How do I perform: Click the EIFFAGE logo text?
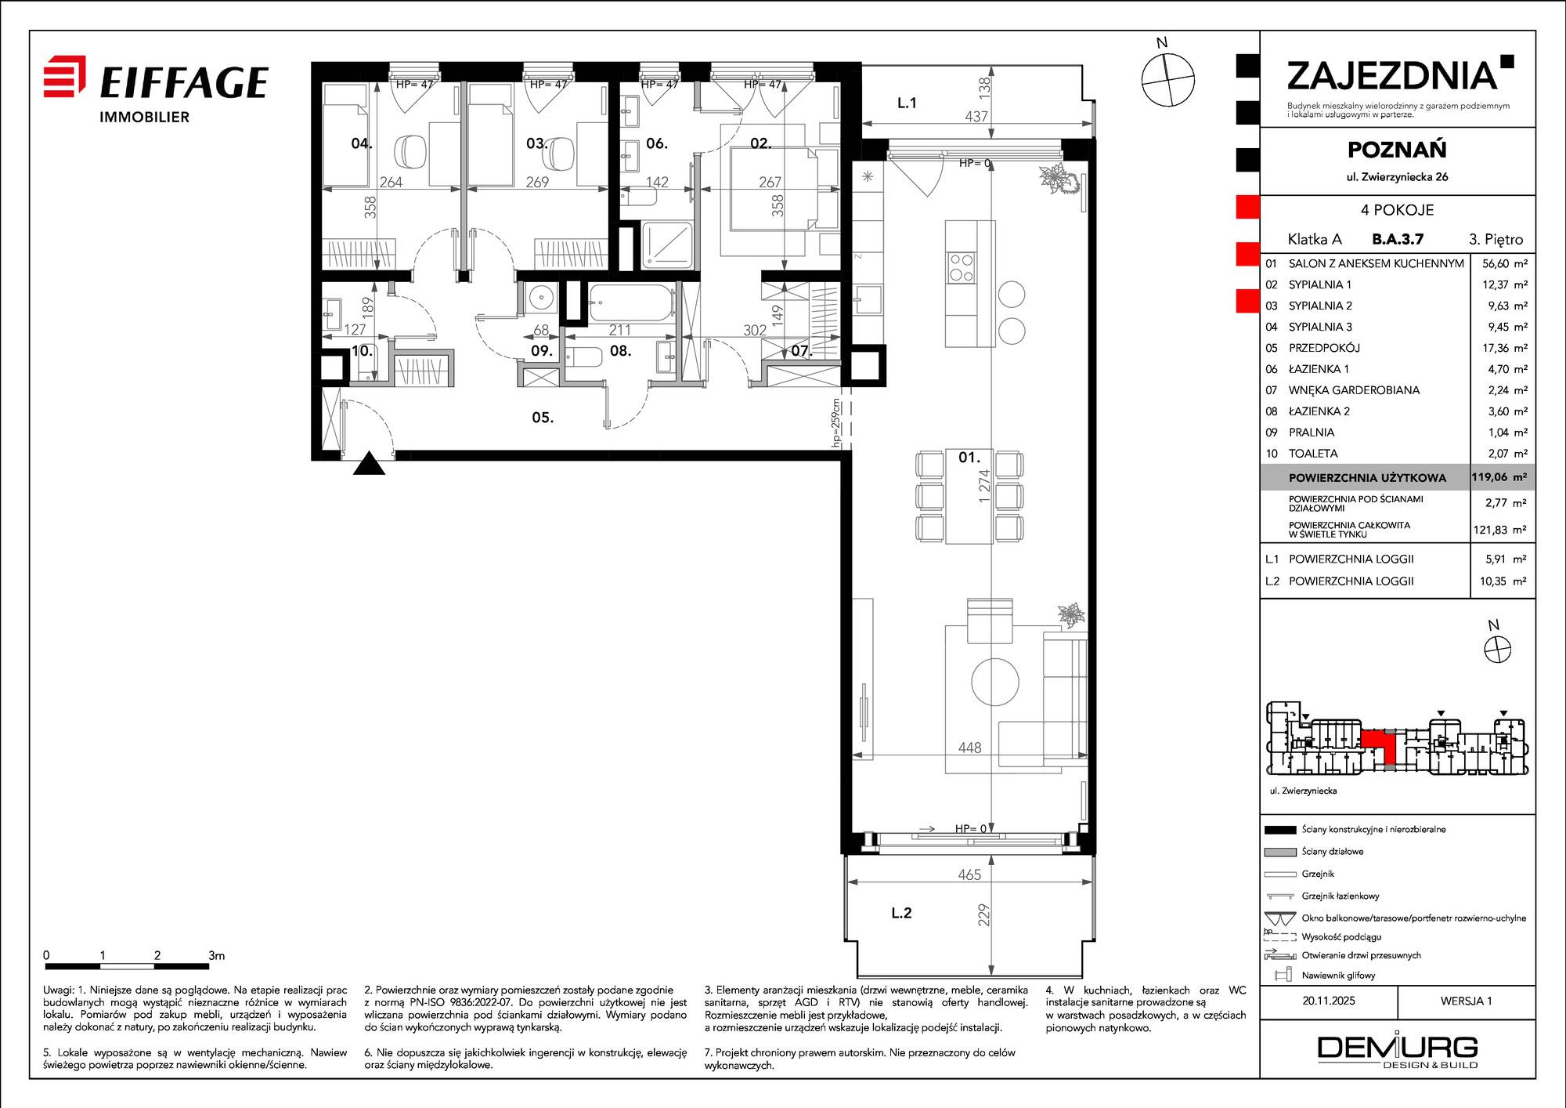184,82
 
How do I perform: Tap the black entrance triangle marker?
370,464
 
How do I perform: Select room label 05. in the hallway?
543,418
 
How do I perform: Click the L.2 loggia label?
901,913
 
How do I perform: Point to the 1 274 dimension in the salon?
984,485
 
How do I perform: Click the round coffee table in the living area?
995,681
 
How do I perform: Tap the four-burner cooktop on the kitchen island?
961,267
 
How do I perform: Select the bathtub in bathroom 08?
631,302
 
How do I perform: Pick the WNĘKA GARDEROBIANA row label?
1354,390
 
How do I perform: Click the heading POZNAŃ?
1397,150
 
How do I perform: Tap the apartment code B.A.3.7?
1398,239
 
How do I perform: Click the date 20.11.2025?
1329,1001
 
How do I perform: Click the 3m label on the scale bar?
217,955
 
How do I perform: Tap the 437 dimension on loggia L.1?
976,116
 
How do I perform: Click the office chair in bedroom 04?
409,151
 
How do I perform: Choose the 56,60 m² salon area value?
1504,264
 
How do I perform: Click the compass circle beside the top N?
1167,79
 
